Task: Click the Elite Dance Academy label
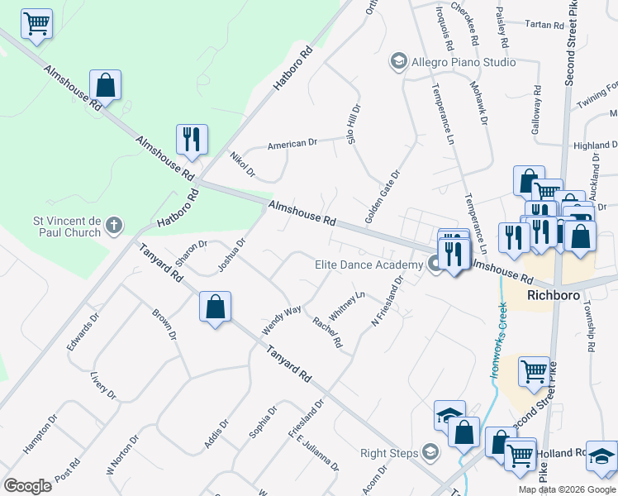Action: [368, 265]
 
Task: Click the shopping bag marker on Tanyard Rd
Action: [215, 308]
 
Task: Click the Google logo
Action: [27, 485]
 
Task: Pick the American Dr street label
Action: [292, 145]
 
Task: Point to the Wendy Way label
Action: [282, 321]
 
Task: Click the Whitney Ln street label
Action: [347, 304]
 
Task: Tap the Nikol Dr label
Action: [242, 165]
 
